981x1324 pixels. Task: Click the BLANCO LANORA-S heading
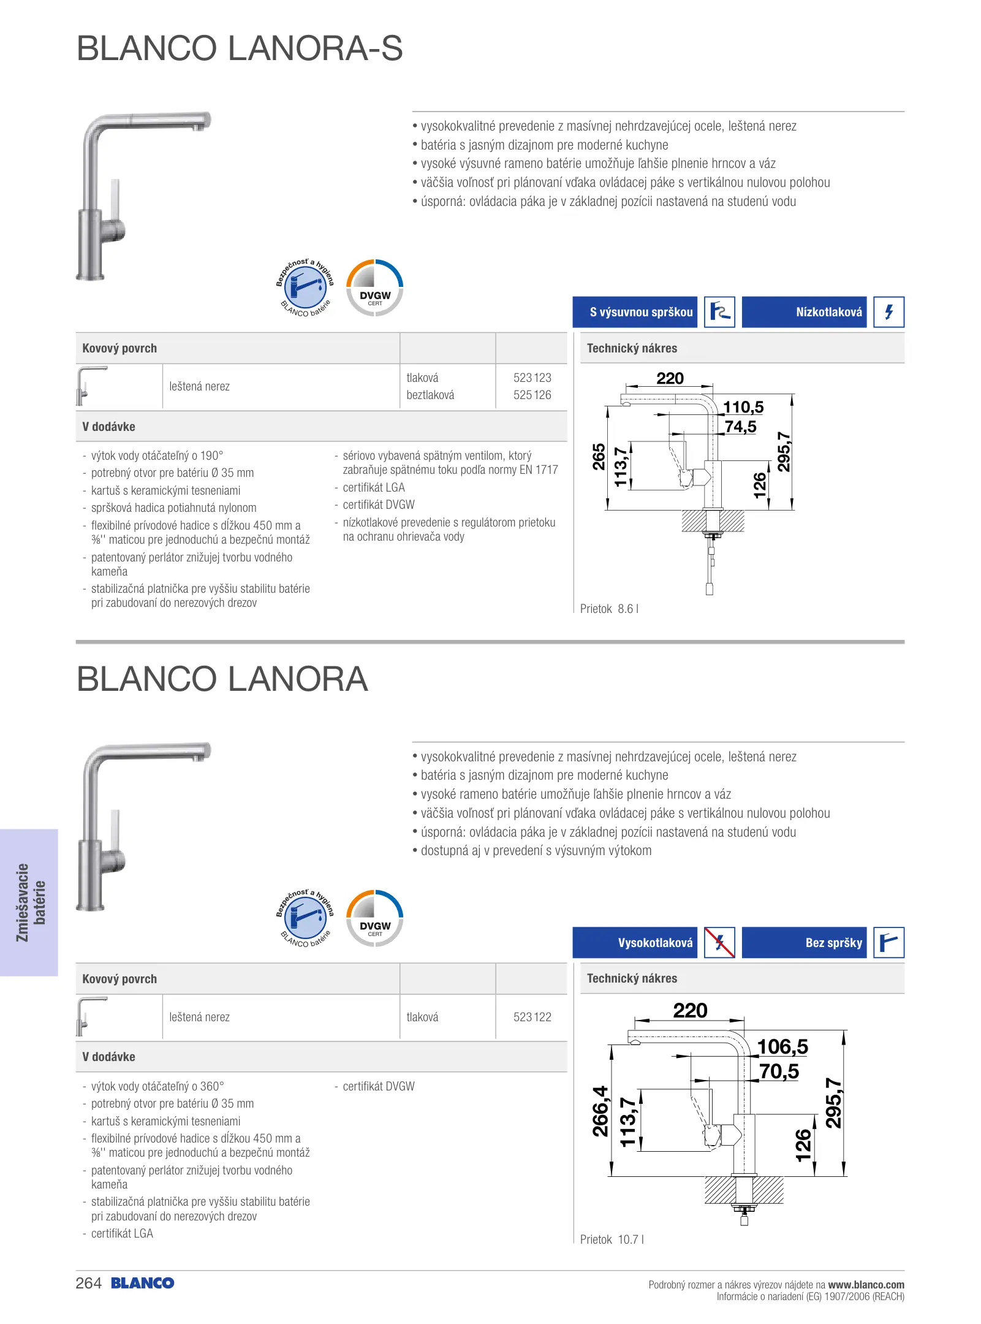[240, 48]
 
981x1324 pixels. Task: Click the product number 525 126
[532, 395]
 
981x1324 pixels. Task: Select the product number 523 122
[532, 1017]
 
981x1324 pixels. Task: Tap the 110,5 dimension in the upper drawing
[743, 408]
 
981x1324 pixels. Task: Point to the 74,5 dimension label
[740, 427]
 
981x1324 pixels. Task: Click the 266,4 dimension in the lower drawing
[600, 1111]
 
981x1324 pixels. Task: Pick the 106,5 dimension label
[782, 1046]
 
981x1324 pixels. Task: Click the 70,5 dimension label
[779, 1071]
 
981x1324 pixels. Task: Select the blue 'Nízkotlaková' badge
[804, 312]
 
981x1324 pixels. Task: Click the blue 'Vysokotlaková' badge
[635, 943]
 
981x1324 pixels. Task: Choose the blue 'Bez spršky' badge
[804, 943]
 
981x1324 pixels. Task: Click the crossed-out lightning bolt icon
[719, 943]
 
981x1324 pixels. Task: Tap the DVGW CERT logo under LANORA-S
[375, 288]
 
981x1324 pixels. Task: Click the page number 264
[88, 1284]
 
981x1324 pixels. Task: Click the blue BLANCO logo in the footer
[143, 1284]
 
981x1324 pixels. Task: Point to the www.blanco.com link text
[866, 1285]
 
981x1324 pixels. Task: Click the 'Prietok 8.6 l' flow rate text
[609, 609]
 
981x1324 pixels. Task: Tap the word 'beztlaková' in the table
[430, 395]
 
